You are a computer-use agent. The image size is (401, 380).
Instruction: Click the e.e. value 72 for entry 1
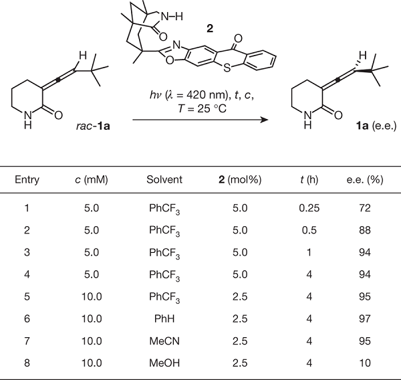(x=365, y=208)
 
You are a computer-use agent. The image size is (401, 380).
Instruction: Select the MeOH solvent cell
(x=164, y=363)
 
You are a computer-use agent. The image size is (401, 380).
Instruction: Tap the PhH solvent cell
(x=164, y=318)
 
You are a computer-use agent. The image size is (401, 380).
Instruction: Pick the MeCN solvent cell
(x=164, y=341)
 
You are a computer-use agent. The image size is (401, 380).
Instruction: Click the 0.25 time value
(x=309, y=208)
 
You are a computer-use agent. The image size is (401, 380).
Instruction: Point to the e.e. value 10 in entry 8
(x=365, y=363)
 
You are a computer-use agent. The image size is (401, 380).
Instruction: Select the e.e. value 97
(x=365, y=318)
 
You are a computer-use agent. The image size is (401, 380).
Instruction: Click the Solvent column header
(x=164, y=179)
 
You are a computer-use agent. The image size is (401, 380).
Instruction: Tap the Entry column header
(x=27, y=180)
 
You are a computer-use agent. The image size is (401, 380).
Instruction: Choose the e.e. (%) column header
(x=365, y=180)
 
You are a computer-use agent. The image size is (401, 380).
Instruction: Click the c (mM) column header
(x=92, y=180)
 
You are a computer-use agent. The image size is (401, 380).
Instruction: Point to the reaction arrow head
(x=265, y=120)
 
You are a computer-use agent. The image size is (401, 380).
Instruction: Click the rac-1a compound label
(x=93, y=126)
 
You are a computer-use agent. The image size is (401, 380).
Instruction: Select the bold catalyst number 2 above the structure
(x=210, y=28)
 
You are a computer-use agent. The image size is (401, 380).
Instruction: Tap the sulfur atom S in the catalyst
(x=227, y=68)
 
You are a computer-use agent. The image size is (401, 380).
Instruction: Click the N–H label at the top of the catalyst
(x=172, y=17)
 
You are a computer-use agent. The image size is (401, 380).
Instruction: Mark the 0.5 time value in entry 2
(x=309, y=230)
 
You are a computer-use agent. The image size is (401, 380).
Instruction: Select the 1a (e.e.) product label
(x=376, y=126)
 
